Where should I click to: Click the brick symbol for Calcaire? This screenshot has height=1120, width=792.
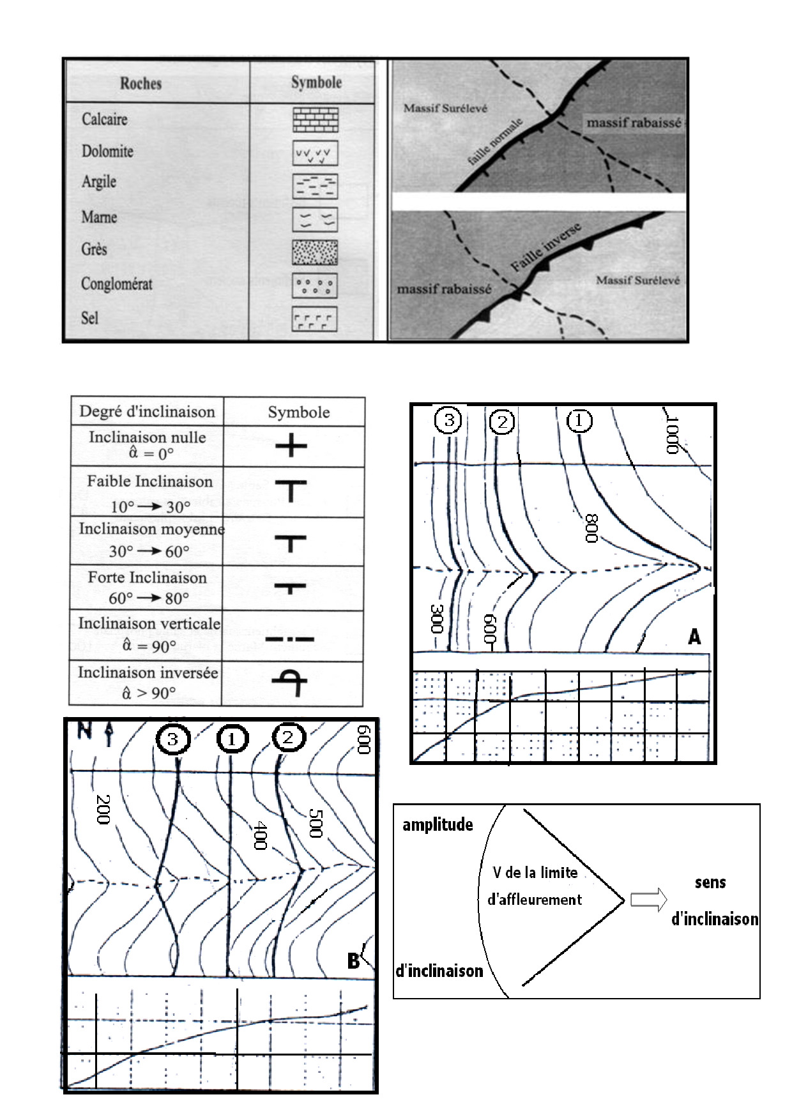coord(316,119)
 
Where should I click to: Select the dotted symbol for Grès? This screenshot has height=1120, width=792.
coord(315,252)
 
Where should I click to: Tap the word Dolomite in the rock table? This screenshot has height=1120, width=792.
coord(107,151)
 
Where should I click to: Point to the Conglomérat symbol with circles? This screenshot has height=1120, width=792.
coord(314,285)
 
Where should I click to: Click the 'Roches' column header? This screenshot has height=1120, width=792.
coord(141,83)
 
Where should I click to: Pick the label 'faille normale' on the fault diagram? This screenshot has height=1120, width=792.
coord(495,142)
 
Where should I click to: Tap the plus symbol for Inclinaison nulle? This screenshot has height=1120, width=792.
coord(291,445)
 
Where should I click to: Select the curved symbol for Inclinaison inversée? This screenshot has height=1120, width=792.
coord(291,683)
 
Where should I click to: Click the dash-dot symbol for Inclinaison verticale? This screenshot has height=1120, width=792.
coord(290,639)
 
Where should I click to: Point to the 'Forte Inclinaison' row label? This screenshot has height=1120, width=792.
coord(148,578)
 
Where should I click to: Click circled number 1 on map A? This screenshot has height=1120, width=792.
coord(579,420)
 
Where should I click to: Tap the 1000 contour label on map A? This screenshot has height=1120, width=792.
coord(671,434)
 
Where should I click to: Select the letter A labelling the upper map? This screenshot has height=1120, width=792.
coord(694,637)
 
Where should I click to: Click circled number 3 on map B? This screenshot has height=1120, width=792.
coord(173,739)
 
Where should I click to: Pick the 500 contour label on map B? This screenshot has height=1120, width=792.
coord(316,823)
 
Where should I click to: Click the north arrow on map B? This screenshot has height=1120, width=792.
coord(108,734)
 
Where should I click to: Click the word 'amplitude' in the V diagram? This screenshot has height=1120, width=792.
coord(438,825)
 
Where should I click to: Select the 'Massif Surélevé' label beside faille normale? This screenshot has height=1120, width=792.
coord(445,109)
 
